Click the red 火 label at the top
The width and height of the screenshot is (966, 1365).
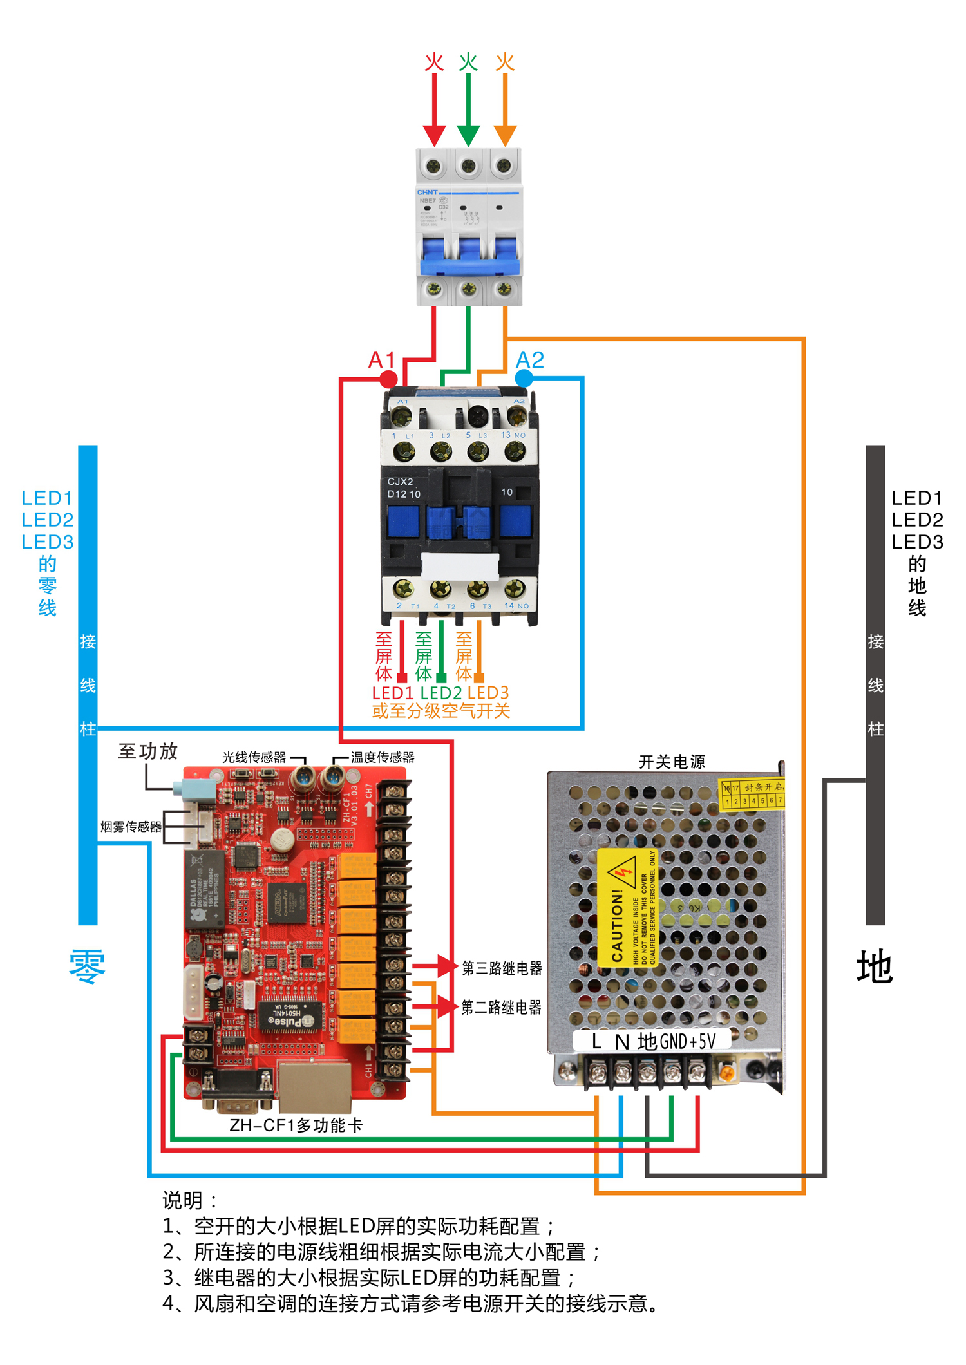(x=434, y=62)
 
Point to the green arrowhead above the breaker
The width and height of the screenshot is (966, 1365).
(x=468, y=136)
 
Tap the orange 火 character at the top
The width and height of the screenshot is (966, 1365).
(x=505, y=62)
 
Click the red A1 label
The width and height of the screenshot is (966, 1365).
(x=381, y=360)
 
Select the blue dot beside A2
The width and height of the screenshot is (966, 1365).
(x=524, y=379)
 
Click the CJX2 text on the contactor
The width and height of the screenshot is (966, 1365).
(x=400, y=482)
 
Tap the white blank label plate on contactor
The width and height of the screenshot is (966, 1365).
(x=460, y=566)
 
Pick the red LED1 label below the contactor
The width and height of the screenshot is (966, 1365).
(x=393, y=693)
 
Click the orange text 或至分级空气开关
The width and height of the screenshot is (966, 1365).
(x=441, y=711)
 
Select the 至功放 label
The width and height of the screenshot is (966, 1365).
(x=148, y=751)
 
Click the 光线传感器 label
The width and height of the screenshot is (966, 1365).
(x=254, y=758)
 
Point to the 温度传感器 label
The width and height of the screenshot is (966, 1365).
(x=383, y=758)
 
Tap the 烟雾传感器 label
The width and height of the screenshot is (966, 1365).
(x=131, y=827)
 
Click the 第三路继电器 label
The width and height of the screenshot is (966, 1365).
(x=502, y=968)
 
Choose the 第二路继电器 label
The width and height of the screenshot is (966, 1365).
(x=501, y=1007)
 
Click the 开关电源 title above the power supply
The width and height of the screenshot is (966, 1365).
(x=672, y=762)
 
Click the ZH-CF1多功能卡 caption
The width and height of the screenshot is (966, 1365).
(x=296, y=1125)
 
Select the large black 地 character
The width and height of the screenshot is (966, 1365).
(x=875, y=967)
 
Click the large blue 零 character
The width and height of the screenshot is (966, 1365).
(x=88, y=967)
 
